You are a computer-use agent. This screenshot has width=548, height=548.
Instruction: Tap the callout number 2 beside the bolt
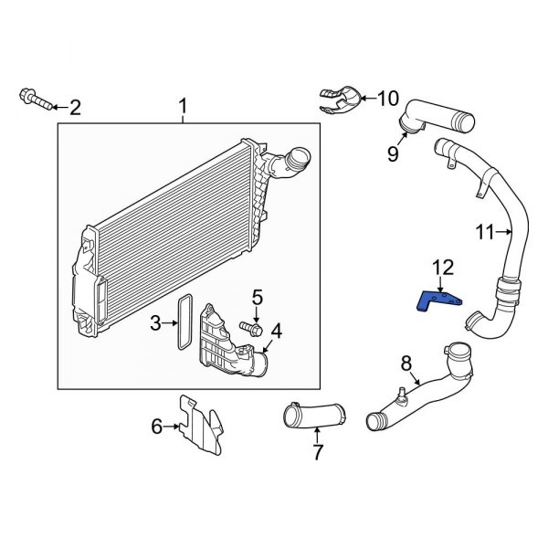pos(75,108)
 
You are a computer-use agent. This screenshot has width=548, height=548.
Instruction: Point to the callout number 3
pos(156,322)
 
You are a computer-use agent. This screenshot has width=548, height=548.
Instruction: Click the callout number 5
pos(258,297)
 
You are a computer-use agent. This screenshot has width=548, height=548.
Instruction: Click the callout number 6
pos(156,425)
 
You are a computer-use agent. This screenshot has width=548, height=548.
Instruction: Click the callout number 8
pos(406,364)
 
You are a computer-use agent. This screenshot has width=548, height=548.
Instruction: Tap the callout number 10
pos(388,98)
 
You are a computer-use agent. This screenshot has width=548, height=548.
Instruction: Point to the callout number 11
pos(485,231)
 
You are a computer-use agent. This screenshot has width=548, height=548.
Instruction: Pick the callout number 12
pos(442,267)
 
